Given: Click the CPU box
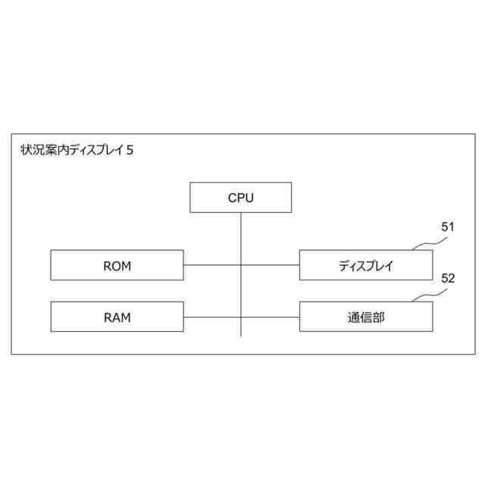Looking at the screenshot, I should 241,198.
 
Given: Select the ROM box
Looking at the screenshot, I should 117,265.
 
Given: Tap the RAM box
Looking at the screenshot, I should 117,317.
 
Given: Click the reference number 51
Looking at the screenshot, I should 447,227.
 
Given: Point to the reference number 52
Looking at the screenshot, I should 447,278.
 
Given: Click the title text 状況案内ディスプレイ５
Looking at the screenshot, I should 77,150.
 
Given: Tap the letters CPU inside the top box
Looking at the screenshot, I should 241,198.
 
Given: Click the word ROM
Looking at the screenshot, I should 117,266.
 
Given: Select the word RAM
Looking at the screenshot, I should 117,318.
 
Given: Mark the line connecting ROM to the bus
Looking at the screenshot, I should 212,265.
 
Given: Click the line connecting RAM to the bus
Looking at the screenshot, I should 212,317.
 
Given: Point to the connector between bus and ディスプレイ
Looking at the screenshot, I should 271,265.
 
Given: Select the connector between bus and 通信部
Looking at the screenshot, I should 271,317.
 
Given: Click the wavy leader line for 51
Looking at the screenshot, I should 427,243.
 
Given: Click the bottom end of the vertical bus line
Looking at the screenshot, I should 241,335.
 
